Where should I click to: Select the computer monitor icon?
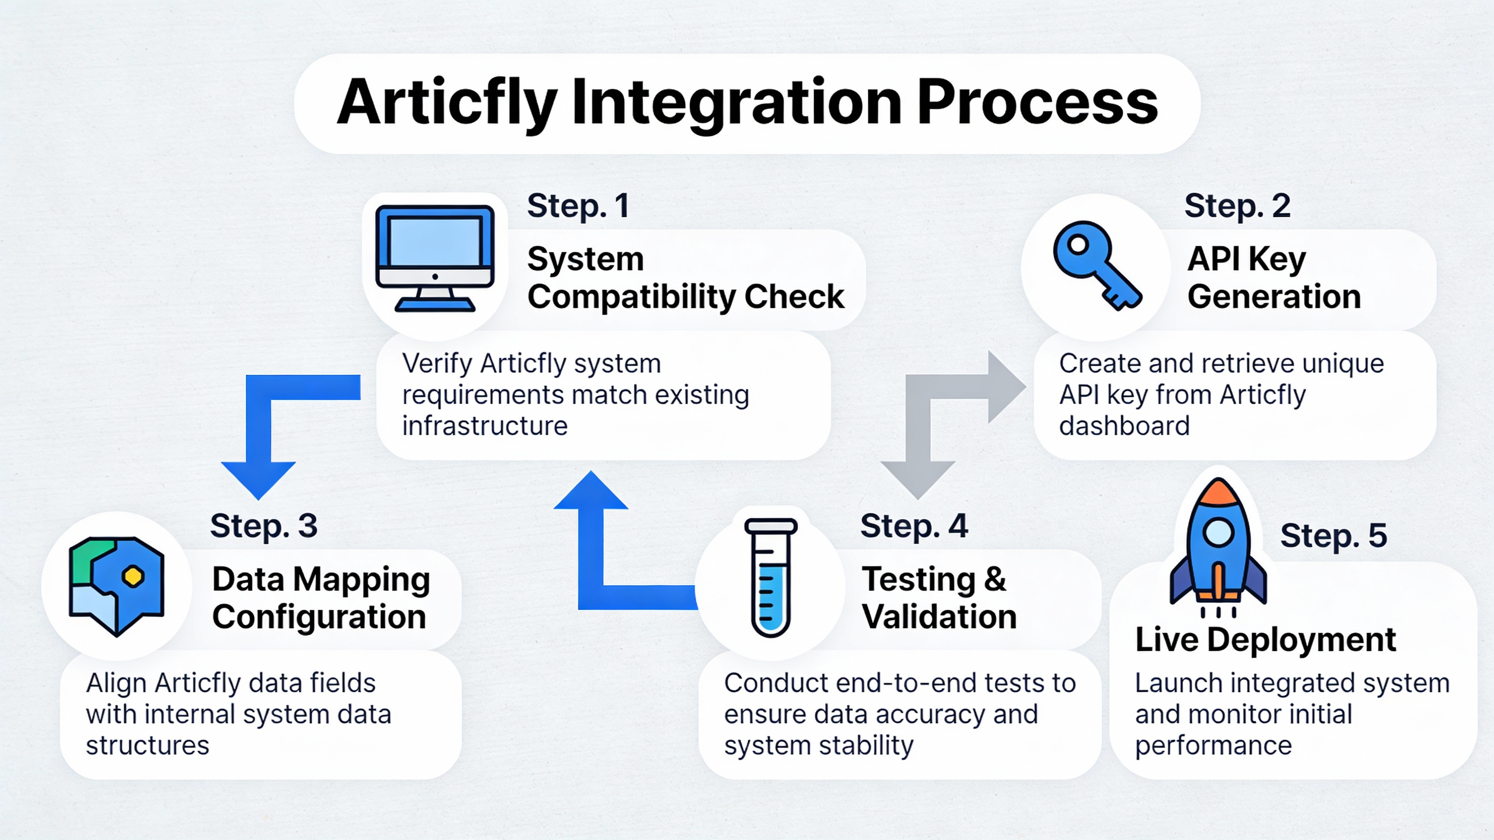pos(435,258)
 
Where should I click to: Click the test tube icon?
pos(770,577)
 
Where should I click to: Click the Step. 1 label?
pos(578,206)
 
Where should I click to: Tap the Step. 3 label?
pos(263,526)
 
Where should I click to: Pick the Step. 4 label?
pos(914,526)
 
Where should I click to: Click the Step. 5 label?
pos(1333,535)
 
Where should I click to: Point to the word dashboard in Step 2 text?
pos(1124,426)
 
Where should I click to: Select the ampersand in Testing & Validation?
pos(995,579)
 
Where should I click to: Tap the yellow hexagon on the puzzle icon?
pos(133,576)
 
